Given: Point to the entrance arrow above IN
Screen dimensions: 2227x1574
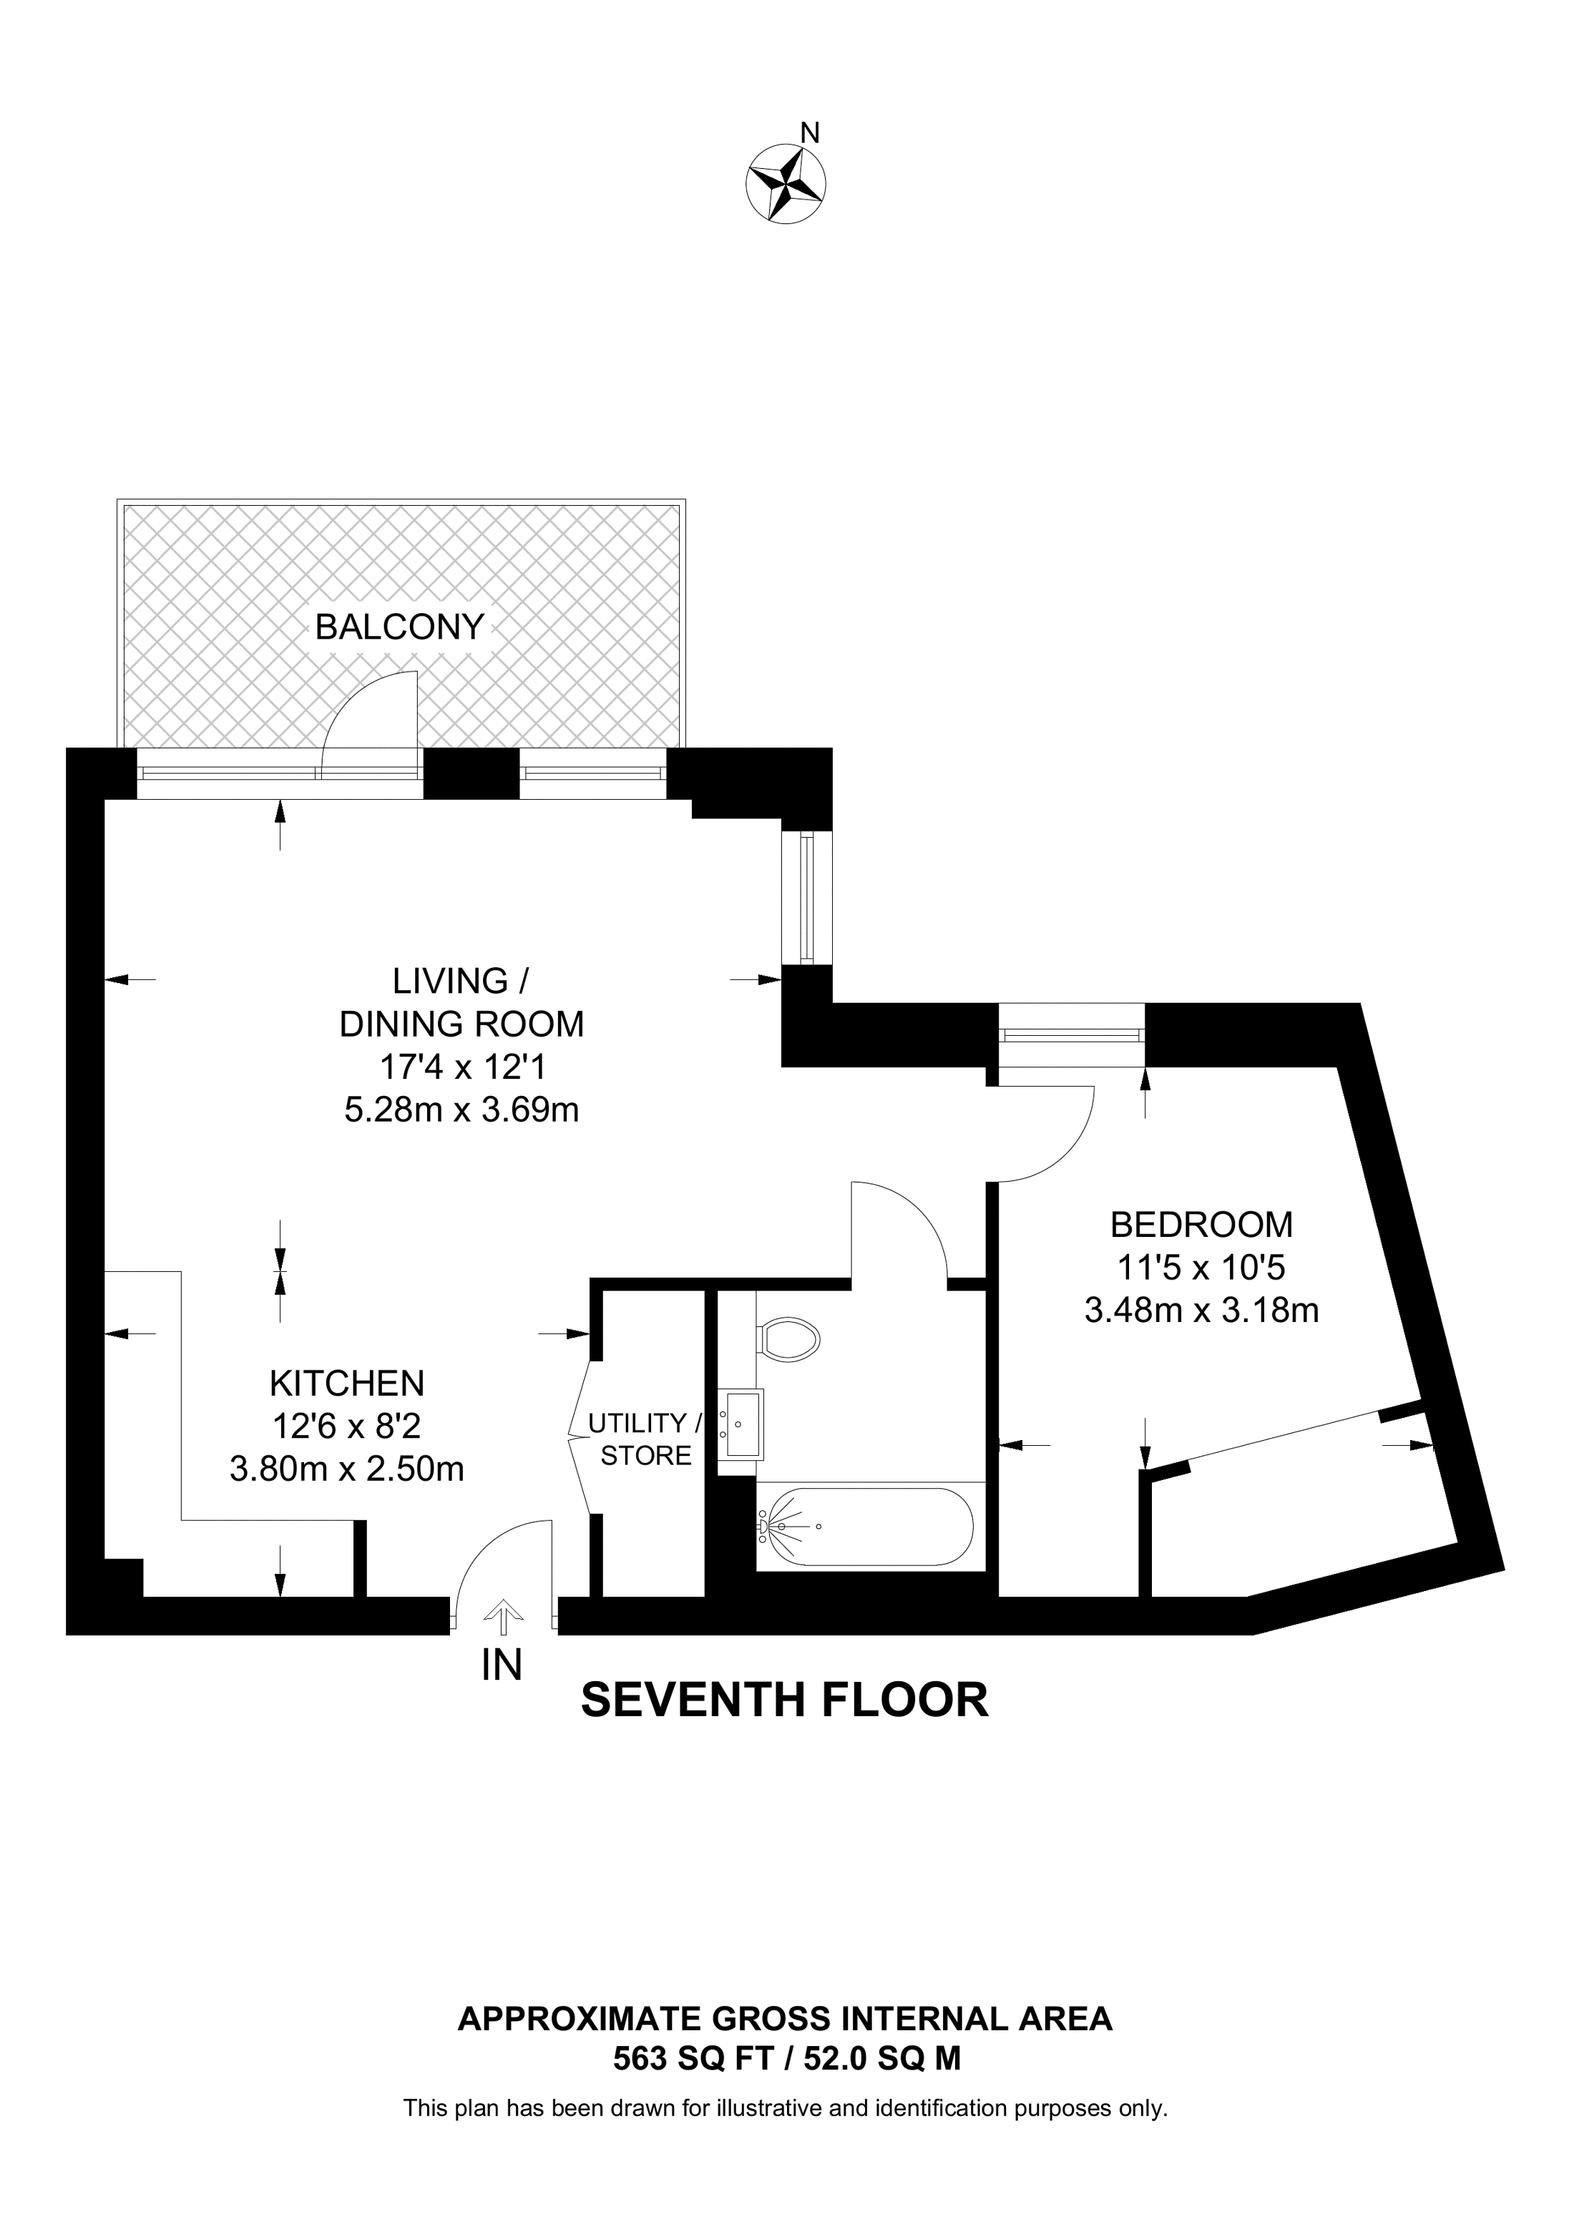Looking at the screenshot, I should pos(504,1615).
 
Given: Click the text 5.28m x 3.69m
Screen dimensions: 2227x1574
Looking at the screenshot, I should pos(461,1109).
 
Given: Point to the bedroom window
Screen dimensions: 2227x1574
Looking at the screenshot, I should pos(1072,1035).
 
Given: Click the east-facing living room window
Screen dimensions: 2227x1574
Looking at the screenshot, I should pos(807,897).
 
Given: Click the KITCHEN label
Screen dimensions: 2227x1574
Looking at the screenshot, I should pos(347,1382).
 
